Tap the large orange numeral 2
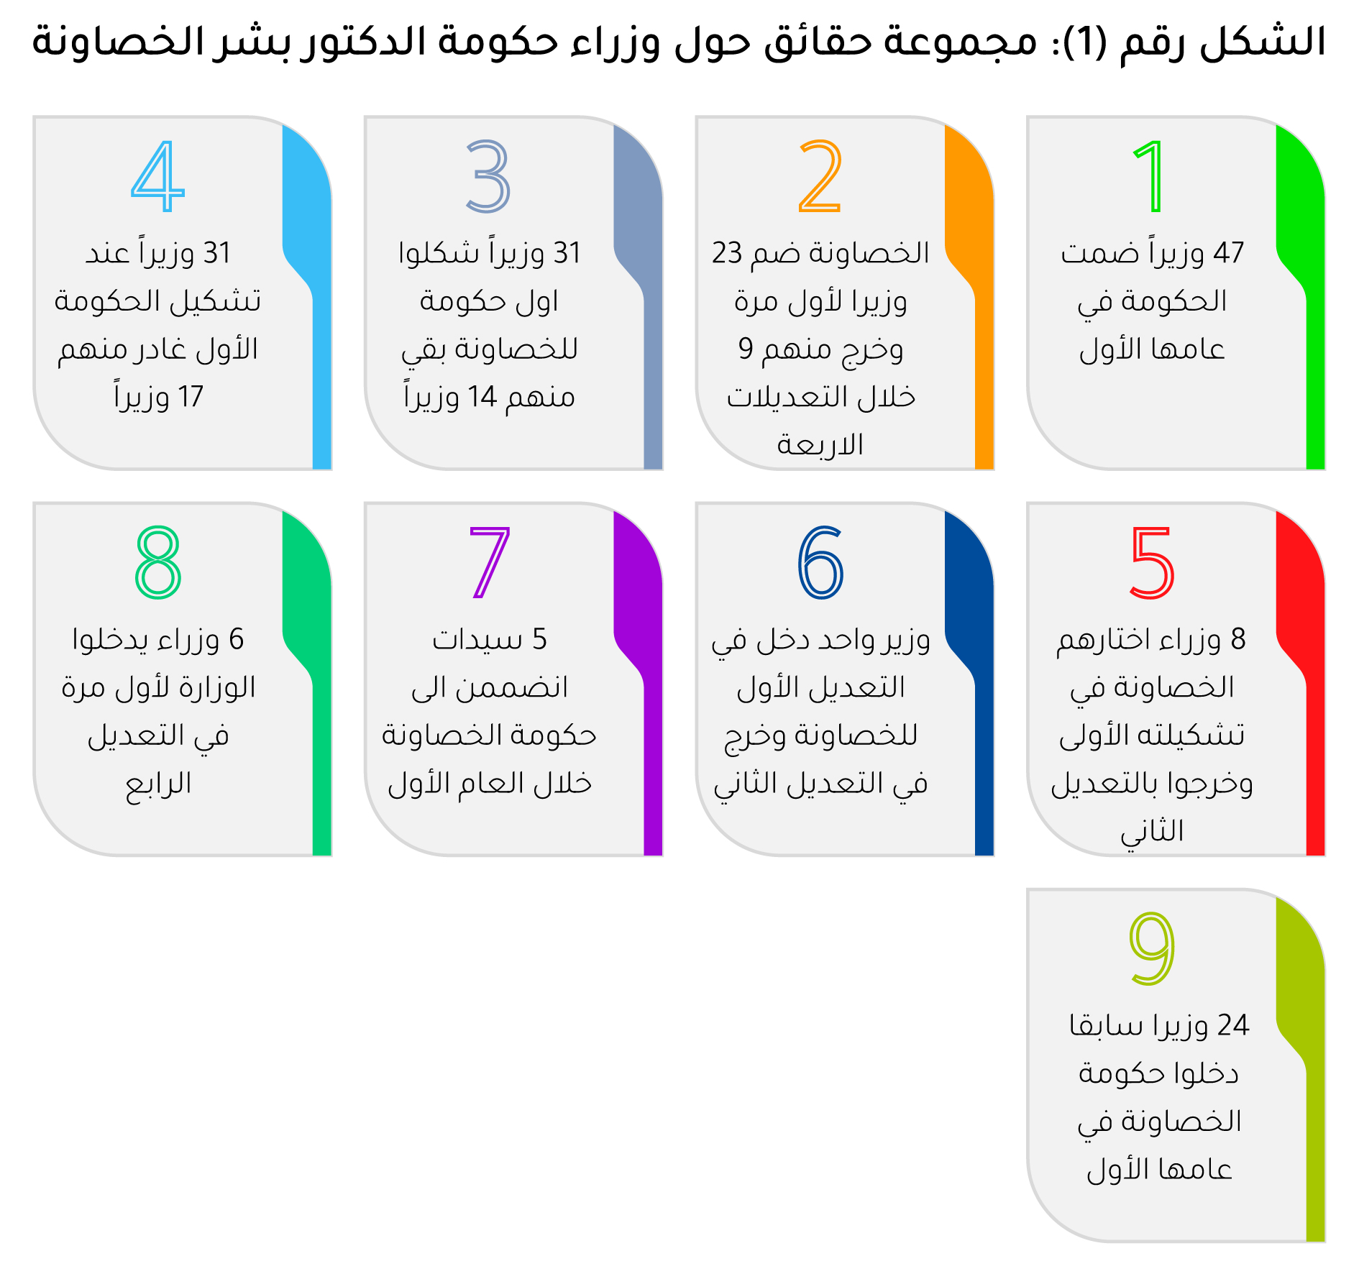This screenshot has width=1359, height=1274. (820, 176)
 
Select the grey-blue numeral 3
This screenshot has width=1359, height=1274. (488, 176)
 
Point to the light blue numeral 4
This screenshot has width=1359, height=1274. (157, 176)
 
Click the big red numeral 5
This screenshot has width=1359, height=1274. (1152, 562)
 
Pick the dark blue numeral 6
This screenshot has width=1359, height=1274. (820, 562)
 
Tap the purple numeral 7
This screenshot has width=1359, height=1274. (489, 562)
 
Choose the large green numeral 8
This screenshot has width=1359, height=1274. (158, 562)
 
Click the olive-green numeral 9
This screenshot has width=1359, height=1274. (1152, 948)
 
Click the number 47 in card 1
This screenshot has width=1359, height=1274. (1228, 253)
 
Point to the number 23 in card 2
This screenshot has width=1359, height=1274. (727, 253)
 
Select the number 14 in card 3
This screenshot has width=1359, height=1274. (482, 397)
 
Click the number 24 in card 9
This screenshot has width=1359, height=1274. (1233, 1025)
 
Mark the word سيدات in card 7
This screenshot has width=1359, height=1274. (477, 639)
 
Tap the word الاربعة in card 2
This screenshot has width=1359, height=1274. (820, 445)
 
